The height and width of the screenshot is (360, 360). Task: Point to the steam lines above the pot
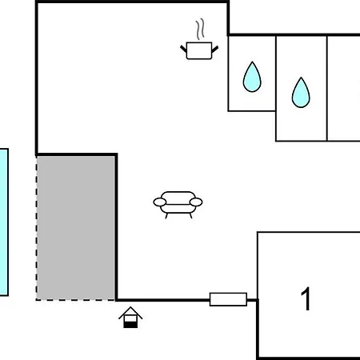click(x=200, y=30)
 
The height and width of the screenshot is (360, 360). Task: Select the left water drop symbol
click(x=252, y=78)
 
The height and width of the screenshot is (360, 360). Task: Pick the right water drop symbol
click(x=301, y=93)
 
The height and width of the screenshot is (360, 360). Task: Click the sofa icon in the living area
click(x=178, y=203)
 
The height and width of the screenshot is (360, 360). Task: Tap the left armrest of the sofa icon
click(x=158, y=202)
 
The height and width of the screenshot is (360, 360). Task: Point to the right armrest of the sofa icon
click(x=198, y=202)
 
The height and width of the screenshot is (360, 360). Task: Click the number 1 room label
click(x=306, y=300)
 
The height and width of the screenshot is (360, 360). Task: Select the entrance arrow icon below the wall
click(x=130, y=318)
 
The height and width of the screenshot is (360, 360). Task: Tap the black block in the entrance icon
click(x=130, y=324)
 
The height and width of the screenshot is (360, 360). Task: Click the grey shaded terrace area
click(x=76, y=227)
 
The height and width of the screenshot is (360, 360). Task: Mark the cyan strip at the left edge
click(x=3, y=222)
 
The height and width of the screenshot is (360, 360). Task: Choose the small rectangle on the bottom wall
click(x=228, y=300)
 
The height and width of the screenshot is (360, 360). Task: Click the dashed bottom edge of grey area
click(x=76, y=300)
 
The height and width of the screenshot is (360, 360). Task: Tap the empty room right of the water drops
click(x=343, y=88)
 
